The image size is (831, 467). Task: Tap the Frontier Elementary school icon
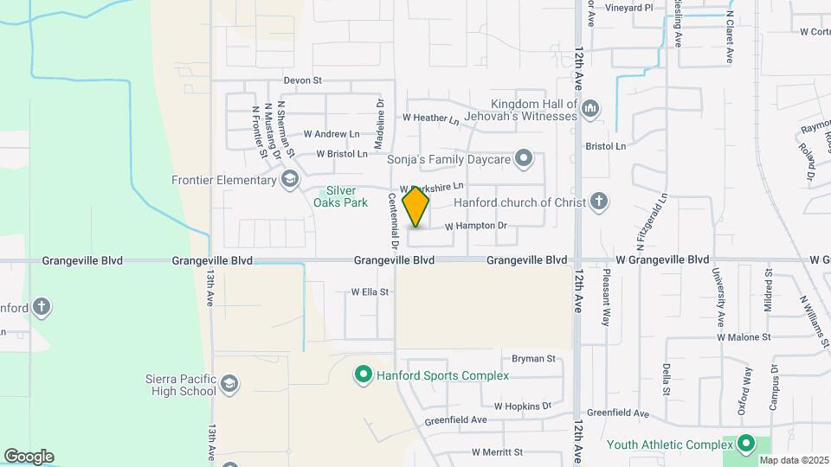[290, 179]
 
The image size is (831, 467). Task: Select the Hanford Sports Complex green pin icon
[363, 375]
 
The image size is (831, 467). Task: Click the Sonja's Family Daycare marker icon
[523, 158]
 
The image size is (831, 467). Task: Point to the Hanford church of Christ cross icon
[598, 202]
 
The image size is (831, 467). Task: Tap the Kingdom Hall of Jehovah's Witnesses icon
[591, 109]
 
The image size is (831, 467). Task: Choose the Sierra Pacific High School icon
[229, 384]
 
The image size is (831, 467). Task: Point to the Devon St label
[302, 80]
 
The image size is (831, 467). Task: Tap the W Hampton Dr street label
[475, 227]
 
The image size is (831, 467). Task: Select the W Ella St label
[370, 292]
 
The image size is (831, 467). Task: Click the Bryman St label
[532, 359]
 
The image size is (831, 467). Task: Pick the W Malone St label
[743, 337]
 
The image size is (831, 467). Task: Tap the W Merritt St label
[497, 452]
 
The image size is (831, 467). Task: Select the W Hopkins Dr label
[523, 406]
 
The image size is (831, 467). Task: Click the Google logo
[29, 457]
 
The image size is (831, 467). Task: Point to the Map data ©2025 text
[793, 460]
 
